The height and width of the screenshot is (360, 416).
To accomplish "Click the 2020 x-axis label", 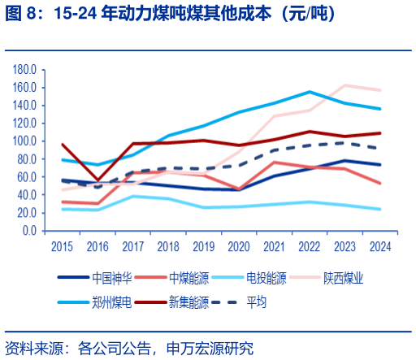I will tap(240, 245).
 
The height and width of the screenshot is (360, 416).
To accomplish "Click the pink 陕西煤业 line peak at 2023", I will tap(345, 85).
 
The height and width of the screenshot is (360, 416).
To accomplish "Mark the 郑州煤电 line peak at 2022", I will tap(310, 92).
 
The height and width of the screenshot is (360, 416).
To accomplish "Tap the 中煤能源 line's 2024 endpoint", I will tap(380, 184).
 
